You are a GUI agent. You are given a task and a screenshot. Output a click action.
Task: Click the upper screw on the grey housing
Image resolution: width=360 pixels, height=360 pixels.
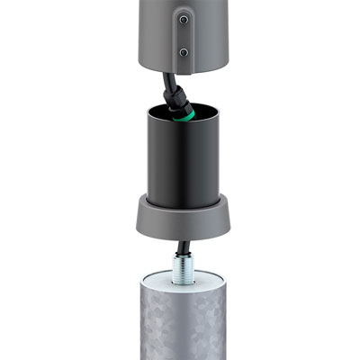pyautogui.click(x=184, y=19)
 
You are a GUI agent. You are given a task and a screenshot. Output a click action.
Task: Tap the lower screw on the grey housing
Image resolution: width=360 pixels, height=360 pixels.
pyautogui.click(x=184, y=52)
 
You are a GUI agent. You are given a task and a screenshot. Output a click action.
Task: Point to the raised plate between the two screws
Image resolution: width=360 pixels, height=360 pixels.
pyautogui.click(x=184, y=35)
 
